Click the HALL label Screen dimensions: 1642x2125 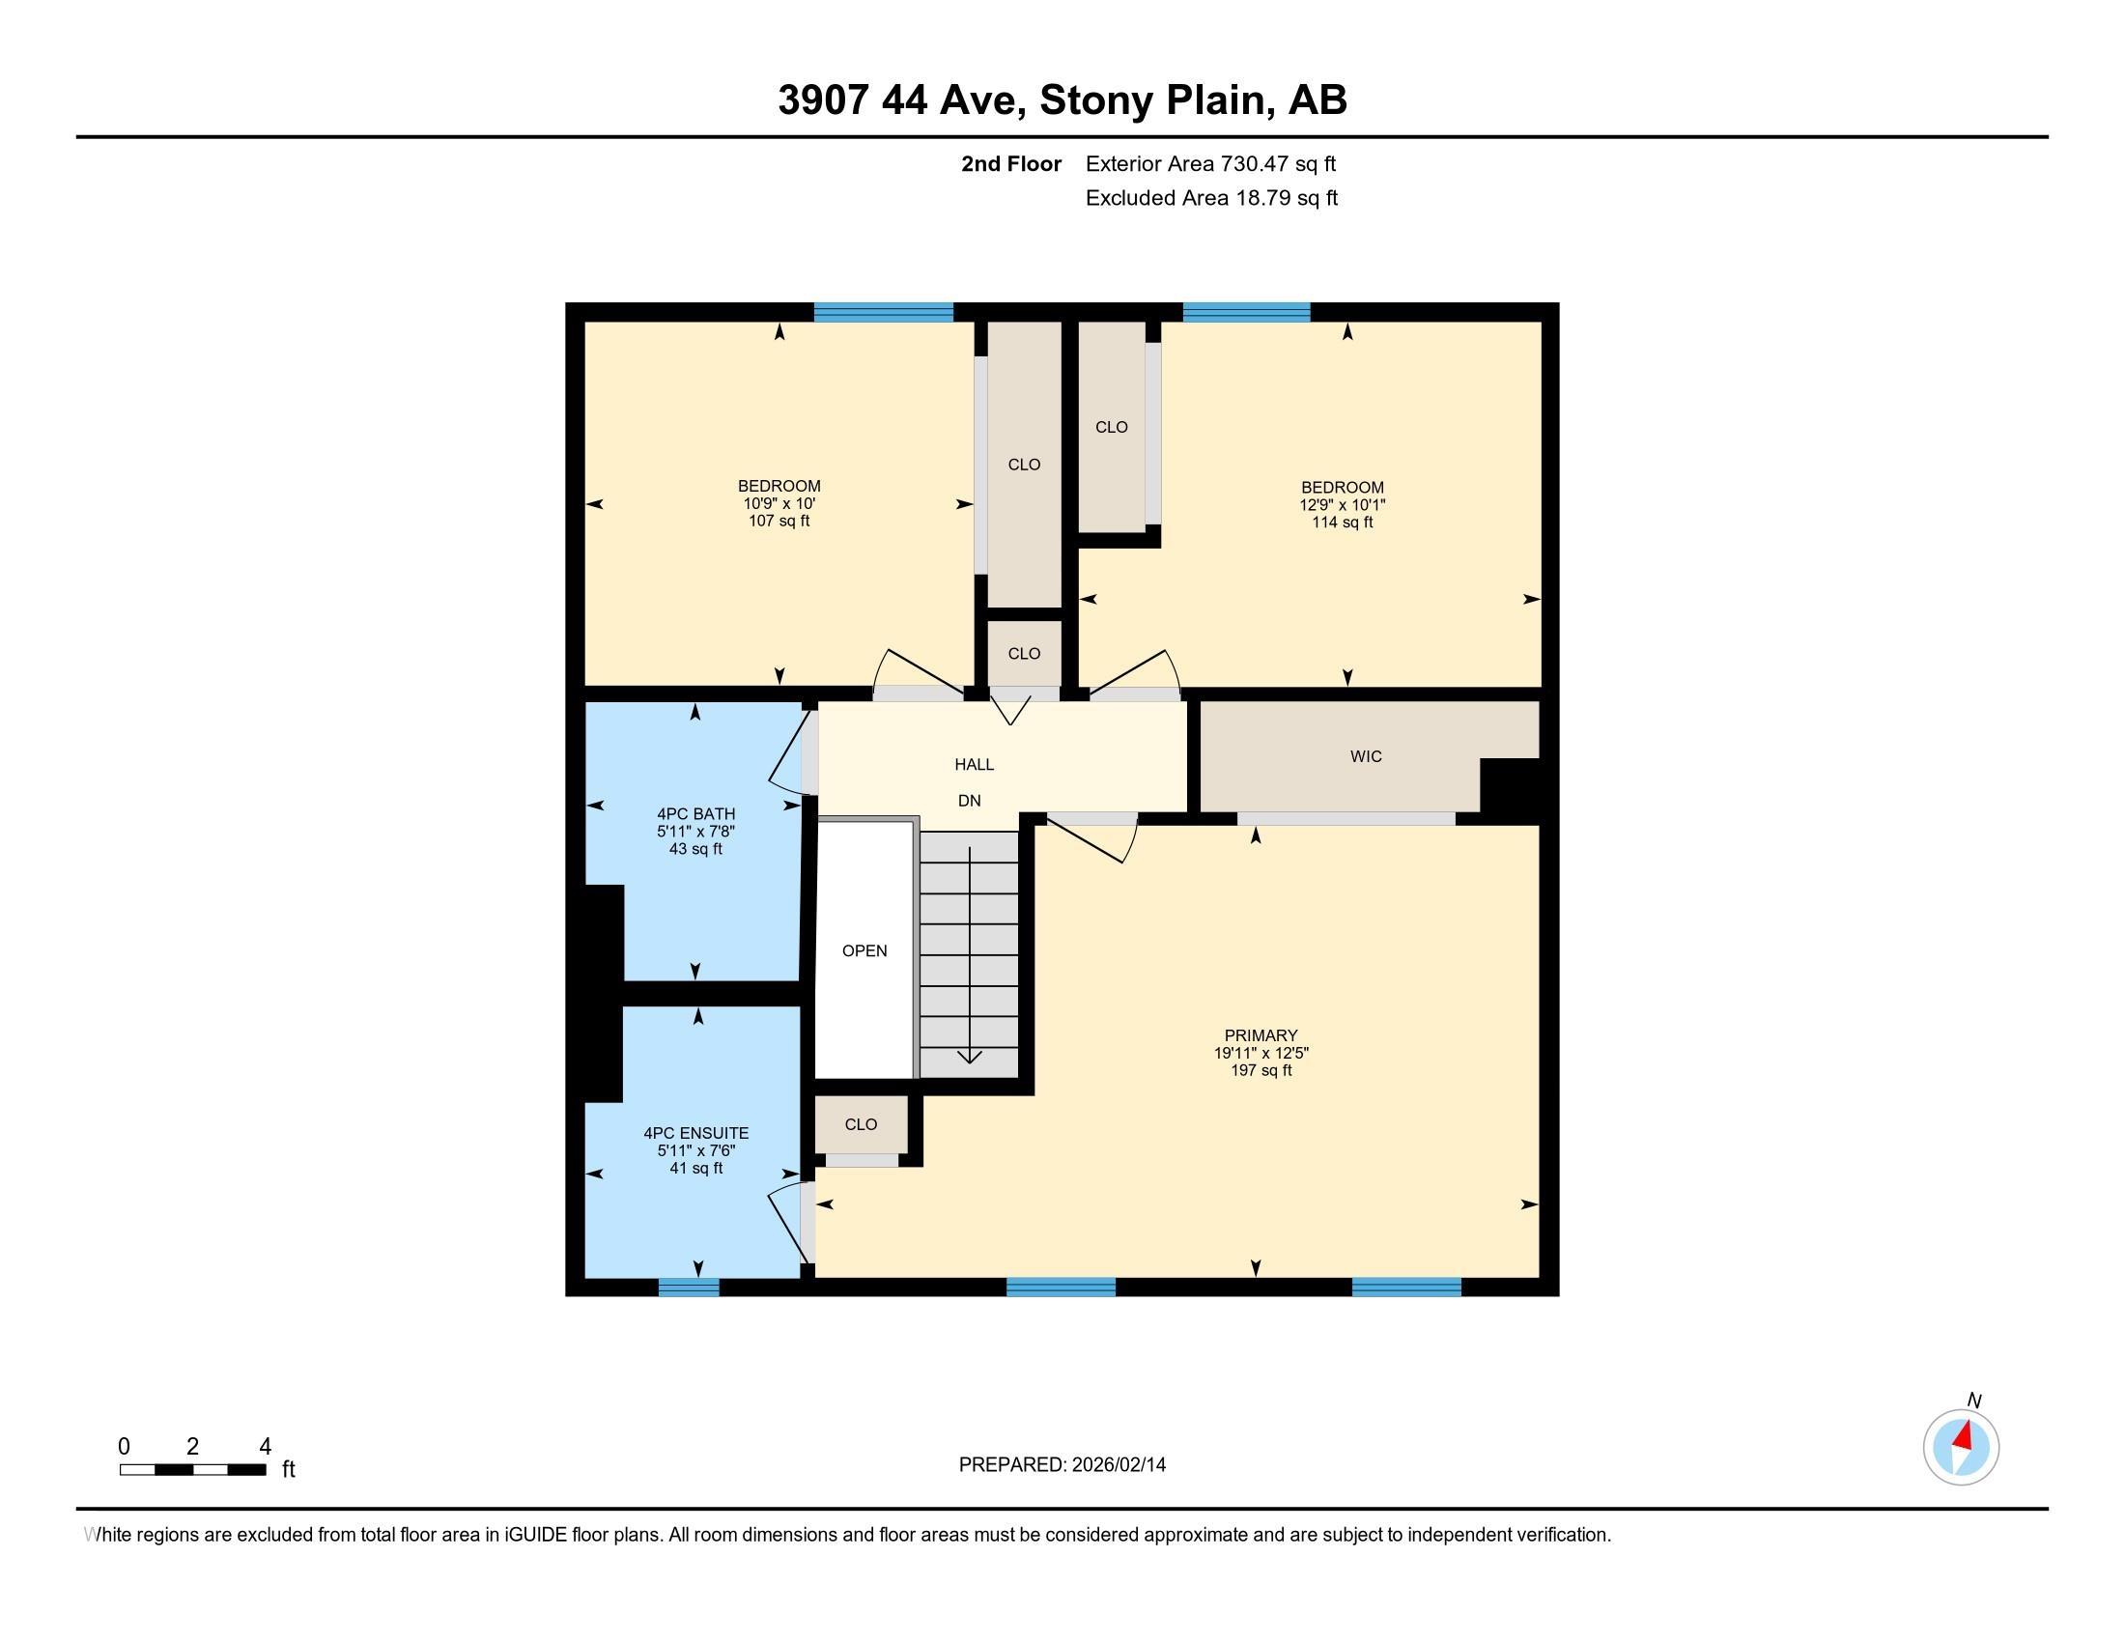tap(974, 765)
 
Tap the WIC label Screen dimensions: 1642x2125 tap(1365, 757)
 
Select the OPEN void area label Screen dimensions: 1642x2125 tap(864, 951)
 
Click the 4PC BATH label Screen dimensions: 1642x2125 tap(695, 814)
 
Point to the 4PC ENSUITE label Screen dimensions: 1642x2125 tap(695, 1133)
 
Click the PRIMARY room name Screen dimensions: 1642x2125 tap(1261, 1036)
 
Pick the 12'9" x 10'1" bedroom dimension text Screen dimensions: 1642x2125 tap(1342, 505)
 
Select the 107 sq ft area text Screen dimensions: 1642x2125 tap(779, 522)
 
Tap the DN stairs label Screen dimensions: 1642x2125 tap(969, 801)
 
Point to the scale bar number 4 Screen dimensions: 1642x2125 tap(265, 1447)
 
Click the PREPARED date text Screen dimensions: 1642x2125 tap(1062, 1465)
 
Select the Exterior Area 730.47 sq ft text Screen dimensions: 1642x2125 tap(1210, 164)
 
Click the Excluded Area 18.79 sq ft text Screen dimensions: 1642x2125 tap(1211, 198)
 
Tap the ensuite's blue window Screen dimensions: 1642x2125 tap(689, 1287)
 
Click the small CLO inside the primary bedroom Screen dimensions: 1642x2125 tap(860, 1124)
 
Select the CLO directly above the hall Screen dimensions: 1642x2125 tap(1024, 654)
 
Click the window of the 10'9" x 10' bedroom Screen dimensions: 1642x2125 tap(884, 312)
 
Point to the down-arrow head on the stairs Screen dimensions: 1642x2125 tap(970, 1059)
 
